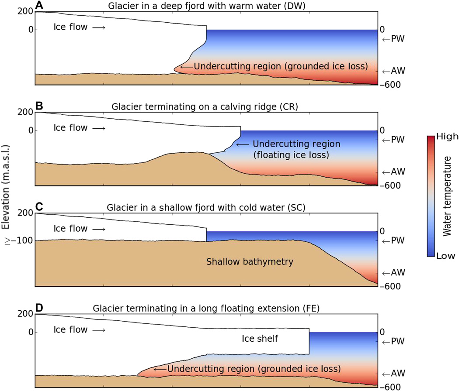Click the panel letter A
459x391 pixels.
[x=39, y=5]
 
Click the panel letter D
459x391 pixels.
[x=39, y=307]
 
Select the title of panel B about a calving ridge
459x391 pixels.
[x=205, y=106]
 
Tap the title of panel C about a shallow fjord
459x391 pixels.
[x=206, y=207]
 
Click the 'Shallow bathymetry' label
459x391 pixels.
[x=250, y=261]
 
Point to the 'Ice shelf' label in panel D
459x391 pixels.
[x=260, y=338]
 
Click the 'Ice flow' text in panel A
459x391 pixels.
[x=70, y=27]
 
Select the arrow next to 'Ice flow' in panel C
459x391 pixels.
[x=99, y=229]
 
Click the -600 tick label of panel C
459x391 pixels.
[x=390, y=286]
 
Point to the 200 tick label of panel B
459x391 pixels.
[x=25, y=112]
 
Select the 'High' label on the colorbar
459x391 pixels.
[x=447, y=137]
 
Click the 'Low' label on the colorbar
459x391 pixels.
[x=445, y=256]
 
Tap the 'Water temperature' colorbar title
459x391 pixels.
[x=447, y=196]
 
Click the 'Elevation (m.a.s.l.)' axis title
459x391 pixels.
[x=6, y=187]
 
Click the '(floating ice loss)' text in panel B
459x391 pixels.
[x=291, y=154]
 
